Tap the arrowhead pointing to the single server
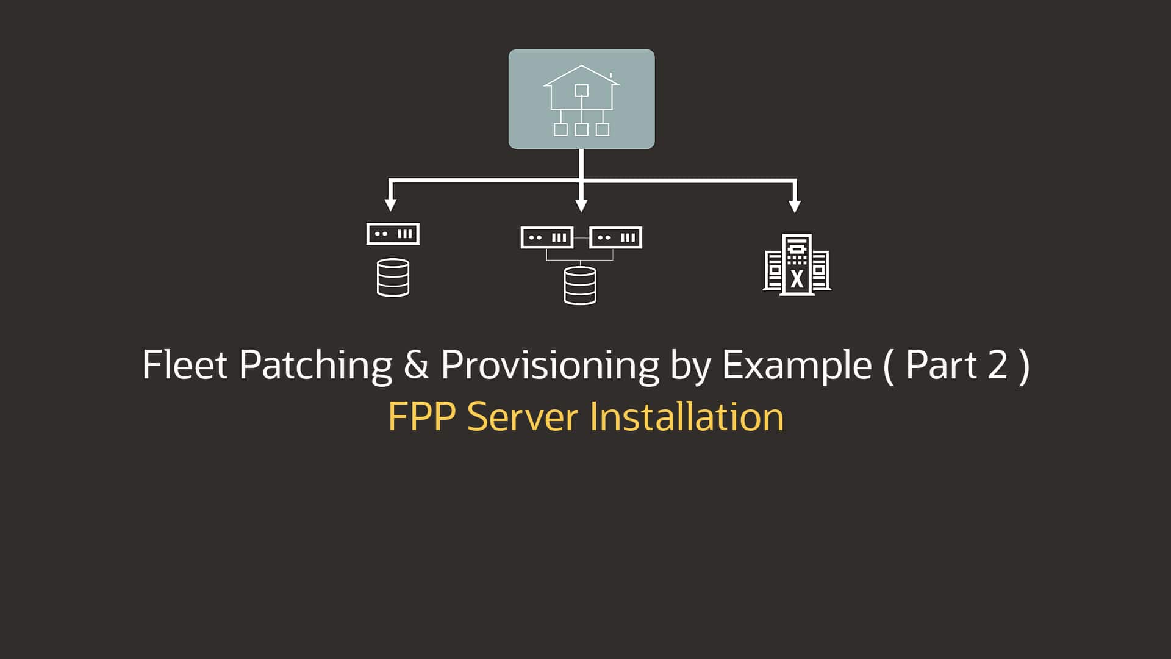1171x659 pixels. point(391,204)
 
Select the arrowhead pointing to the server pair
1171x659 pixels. point(581,206)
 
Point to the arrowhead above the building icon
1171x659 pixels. point(794,206)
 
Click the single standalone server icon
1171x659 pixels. point(393,234)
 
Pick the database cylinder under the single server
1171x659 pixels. point(393,278)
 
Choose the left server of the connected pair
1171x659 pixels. point(546,237)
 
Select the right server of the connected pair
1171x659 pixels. point(615,237)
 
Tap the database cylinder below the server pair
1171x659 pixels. point(580,286)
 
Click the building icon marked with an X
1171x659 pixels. point(797,265)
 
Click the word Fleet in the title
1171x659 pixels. point(184,365)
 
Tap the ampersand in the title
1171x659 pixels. point(416,365)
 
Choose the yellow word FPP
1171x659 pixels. point(421,417)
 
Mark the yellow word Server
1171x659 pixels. point(523,417)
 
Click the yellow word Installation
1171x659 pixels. point(686,417)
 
